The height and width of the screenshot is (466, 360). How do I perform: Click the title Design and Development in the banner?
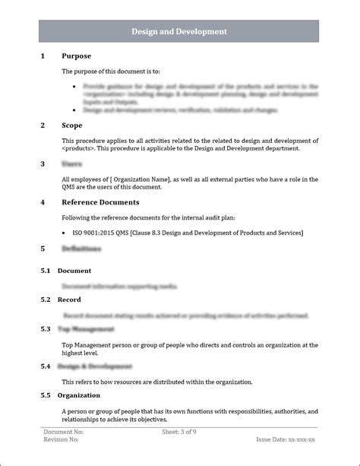(x=179, y=31)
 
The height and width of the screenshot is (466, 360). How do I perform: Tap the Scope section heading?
(x=72, y=125)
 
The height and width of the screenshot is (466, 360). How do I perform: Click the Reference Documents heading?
(x=100, y=202)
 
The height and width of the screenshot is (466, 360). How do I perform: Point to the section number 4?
(x=43, y=202)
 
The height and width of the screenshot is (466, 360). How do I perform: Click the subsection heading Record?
(x=69, y=300)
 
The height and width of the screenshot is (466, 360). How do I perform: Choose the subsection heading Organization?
(x=79, y=395)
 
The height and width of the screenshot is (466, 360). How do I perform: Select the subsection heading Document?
(x=74, y=271)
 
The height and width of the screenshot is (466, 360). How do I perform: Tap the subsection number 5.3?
(x=45, y=329)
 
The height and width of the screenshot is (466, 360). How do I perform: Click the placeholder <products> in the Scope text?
(x=79, y=148)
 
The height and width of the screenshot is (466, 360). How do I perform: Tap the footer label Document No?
(x=63, y=432)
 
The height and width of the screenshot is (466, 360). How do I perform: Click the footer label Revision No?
(x=62, y=439)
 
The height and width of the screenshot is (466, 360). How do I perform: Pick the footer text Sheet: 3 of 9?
(x=179, y=432)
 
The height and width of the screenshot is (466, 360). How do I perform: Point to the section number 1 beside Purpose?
(x=43, y=56)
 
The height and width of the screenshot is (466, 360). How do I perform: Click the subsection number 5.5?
(x=45, y=395)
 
